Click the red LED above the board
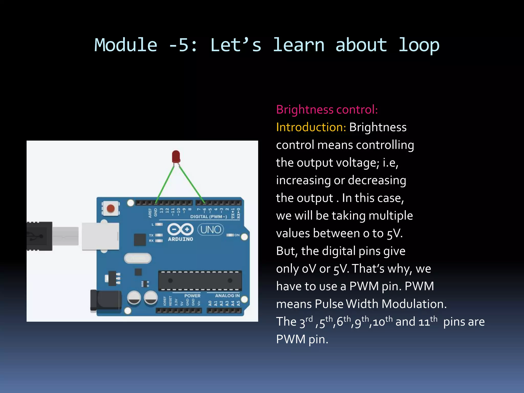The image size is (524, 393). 176,156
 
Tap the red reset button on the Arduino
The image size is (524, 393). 111,208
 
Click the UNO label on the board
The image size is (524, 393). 211,230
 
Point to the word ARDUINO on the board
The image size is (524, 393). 180,239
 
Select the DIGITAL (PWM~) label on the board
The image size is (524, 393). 209,217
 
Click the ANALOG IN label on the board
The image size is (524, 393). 227,296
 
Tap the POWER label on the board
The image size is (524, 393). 192,296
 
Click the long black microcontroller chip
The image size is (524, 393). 200,281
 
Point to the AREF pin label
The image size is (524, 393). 150,213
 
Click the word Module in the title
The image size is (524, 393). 126,45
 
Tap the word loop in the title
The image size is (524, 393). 419,45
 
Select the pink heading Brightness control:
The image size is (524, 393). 327,110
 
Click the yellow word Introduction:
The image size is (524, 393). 311,127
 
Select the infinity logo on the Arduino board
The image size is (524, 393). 180,229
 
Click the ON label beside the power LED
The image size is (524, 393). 237,235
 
